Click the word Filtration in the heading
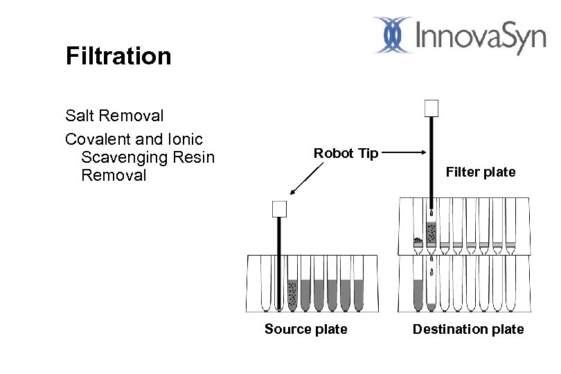(x=118, y=56)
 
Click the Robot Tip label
(x=346, y=153)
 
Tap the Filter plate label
(x=480, y=172)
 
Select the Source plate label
(x=305, y=329)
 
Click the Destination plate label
(x=468, y=329)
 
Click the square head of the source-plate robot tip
(x=279, y=208)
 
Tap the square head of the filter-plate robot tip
(x=431, y=108)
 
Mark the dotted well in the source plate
(x=292, y=294)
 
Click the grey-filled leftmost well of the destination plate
(x=418, y=294)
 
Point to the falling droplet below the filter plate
(x=431, y=271)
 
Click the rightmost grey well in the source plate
(x=357, y=294)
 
